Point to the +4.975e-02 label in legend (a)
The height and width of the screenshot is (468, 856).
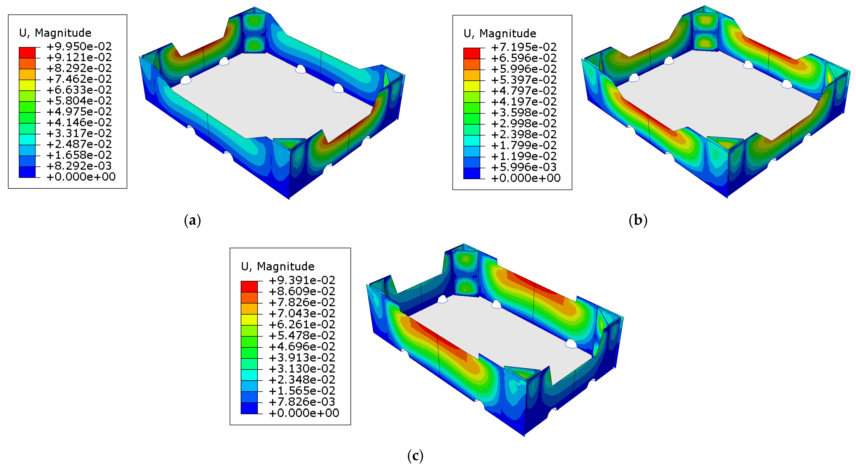pos(79,111)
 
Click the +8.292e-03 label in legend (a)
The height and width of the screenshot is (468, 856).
pos(79,166)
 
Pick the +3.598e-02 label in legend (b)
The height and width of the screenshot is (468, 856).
pos(524,112)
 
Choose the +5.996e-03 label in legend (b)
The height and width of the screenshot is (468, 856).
pos(524,167)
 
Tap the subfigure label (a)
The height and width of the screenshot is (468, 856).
pos(192,220)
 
